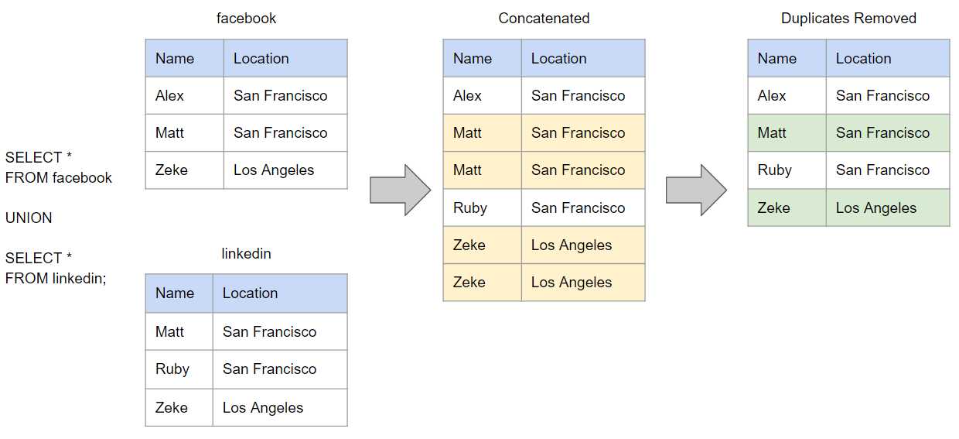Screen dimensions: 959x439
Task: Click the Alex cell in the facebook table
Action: tap(185, 95)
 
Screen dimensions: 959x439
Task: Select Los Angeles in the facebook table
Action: tap(285, 170)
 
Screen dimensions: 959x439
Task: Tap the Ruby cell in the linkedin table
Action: tap(179, 369)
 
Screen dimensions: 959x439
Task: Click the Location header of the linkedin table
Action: tap(280, 293)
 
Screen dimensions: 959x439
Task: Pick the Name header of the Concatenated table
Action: tap(482, 58)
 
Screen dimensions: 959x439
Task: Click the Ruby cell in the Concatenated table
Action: tap(482, 207)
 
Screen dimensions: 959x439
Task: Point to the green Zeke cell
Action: tap(787, 207)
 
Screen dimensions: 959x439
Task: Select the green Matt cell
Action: tap(787, 133)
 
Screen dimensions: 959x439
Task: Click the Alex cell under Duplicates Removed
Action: tap(787, 95)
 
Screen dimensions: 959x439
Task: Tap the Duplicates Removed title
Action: tap(848, 19)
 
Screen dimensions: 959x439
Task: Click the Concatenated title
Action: tap(544, 19)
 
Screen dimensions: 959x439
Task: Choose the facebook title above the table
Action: tap(246, 19)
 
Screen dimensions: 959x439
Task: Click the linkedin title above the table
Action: tap(246, 254)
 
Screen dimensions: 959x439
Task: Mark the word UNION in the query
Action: tap(29, 218)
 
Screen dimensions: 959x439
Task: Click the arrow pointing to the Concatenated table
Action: tap(401, 190)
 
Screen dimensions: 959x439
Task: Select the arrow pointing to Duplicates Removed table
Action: tap(696, 190)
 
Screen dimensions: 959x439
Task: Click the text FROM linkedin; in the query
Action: tap(56, 279)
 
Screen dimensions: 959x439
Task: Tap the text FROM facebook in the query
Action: tap(58, 177)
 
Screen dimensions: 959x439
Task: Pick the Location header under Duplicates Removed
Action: tap(888, 58)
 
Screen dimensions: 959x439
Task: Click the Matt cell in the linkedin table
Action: tap(179, 331)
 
